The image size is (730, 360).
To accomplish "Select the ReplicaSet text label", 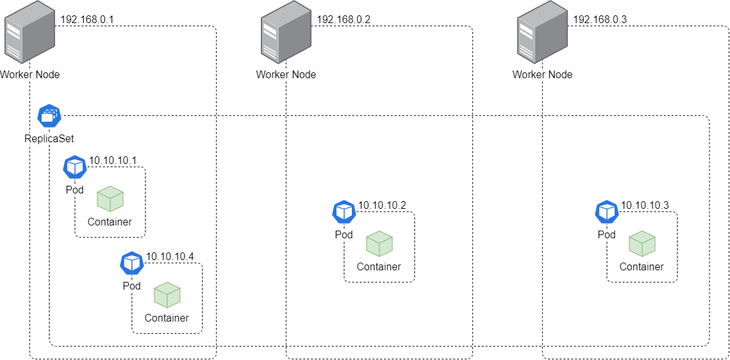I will [49, 138].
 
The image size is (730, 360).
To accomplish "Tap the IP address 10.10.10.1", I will [113, 160].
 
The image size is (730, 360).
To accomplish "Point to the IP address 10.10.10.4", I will [170, 256].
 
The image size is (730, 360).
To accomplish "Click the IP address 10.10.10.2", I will [382, 205].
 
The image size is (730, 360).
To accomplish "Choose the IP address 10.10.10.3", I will [645, 205].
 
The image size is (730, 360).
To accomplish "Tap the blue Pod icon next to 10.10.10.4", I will [132, 263].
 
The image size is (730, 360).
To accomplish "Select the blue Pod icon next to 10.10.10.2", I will [344, 212].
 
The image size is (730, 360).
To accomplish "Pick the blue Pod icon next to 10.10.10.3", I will [607, 212].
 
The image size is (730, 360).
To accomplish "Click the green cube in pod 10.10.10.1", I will [110, 199].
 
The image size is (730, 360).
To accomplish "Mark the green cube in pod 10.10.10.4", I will [167, 295].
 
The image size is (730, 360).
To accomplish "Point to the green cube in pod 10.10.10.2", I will [379, 244].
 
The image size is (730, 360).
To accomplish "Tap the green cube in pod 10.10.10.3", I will [642, 244].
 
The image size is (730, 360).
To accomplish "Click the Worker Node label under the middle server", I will [286, 74].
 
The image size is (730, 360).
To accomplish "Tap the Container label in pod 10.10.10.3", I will [642, 266].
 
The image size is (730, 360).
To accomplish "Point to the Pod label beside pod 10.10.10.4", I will [131, 286].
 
